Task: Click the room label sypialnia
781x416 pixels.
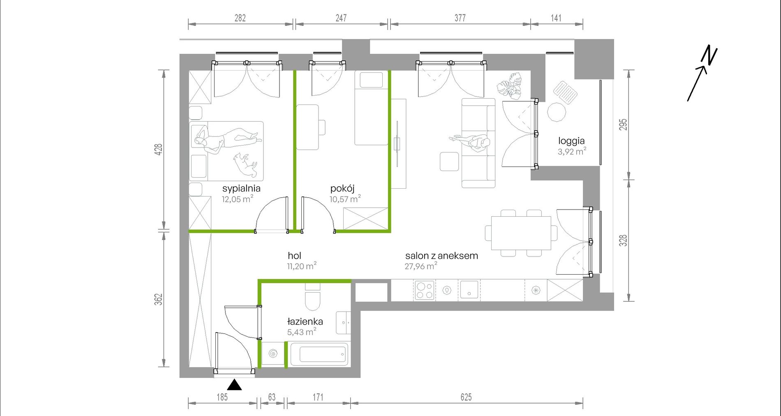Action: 241,189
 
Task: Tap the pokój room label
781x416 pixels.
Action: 342,189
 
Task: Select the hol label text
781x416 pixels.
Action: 295,256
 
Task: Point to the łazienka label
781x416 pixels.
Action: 305,321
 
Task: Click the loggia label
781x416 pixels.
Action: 571,141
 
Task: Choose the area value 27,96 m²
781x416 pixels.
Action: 421,266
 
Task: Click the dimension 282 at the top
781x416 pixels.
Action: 240,18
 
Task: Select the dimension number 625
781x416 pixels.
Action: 466,397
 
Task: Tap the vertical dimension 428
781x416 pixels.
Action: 159,149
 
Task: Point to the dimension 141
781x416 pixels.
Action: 556,18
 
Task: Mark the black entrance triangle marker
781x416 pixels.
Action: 234,385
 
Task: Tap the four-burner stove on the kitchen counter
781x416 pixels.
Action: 425,290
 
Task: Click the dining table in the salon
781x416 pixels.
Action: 521,233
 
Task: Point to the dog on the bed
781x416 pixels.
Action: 246,164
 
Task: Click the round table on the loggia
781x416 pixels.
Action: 557,112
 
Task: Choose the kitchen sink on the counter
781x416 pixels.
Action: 469,290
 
